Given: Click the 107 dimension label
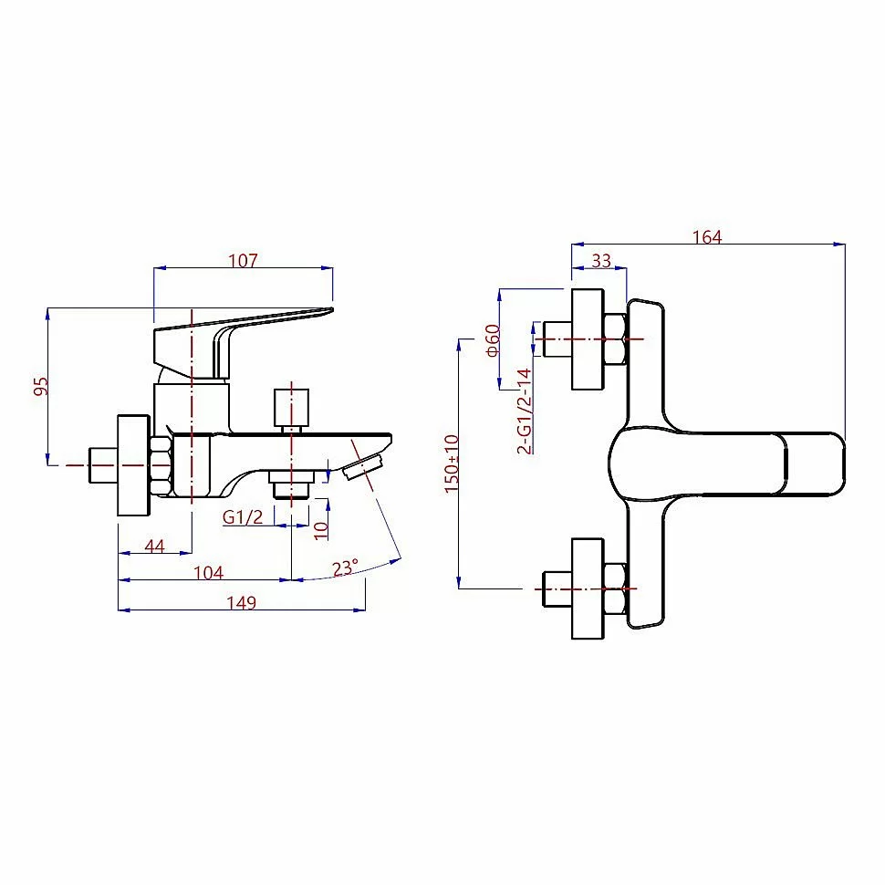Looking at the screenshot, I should [x=244, y=260].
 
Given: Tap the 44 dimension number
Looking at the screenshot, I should [x=155, y=546].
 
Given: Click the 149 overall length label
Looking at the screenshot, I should [x=242, y=602].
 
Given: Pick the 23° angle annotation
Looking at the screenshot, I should [x=345, y=567].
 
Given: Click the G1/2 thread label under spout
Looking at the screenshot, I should [x=244, y=516].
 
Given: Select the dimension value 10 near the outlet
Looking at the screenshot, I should [x=320, y=529].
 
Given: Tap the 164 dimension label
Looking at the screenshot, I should [x=707, y=237].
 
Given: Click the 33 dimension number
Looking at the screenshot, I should [x=601, y=260].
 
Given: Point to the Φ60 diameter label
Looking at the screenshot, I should [x=492, y=339].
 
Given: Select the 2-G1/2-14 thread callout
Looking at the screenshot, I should [x=524, y=411].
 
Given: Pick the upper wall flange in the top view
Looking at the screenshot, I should [x=588, y=339].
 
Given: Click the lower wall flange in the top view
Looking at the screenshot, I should [x=588, y=588].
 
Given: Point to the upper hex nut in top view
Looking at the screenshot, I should [x=614, y=339].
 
